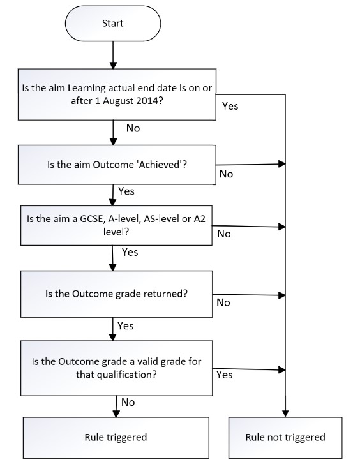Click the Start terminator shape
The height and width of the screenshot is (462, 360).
point(113,23)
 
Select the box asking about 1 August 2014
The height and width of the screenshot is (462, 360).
point(117,94)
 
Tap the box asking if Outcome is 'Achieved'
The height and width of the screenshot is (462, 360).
point(117,165)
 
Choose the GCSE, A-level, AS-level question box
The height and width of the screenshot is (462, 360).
point(116,225)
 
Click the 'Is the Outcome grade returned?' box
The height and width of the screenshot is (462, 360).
point(116,294)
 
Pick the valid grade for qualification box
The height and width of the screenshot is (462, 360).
point(116,368)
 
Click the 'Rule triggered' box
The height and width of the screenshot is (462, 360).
point(116,438)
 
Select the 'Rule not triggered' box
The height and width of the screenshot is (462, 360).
point(285,438)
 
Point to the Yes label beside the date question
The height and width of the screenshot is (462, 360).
point(230,106)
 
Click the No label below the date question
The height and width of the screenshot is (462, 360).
point(133,128)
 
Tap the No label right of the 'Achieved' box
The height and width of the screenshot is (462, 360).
point(226,174)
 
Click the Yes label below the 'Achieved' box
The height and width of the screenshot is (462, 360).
point(126,191)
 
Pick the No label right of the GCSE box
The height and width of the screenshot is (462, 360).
point(224,234)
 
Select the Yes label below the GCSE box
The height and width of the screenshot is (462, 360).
point(130,252)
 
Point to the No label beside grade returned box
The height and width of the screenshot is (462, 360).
point(223,302)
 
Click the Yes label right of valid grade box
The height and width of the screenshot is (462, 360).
point(225,375)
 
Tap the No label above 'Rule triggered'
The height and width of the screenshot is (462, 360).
point(128,402)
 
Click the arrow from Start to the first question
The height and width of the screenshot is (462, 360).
point(113,55)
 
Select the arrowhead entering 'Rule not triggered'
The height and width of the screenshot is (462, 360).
point(285,413)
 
